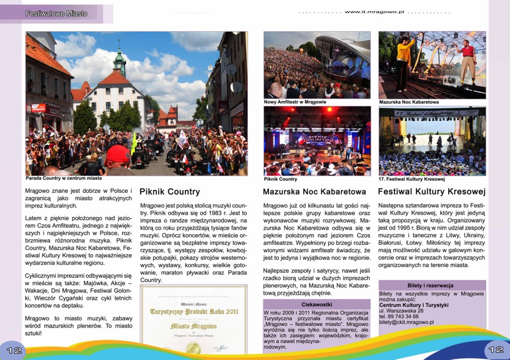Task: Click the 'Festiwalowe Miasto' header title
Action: [x=56, y=13]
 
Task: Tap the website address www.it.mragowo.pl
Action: [x=374, y=11]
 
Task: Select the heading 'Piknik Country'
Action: [x=169, y=192]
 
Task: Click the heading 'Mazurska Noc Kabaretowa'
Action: [x=314, y=192]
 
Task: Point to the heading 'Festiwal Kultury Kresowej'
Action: [x=432, y=192]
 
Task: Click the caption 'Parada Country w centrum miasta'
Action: [x=63, y=178]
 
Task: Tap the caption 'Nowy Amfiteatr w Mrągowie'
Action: [x=295, y=102]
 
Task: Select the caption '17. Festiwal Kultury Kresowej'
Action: [x=411, y=179]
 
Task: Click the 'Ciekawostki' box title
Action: [x=317, y=304]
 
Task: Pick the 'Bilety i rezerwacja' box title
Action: [x=431, y=285]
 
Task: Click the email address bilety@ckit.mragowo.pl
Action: [x=406, y=322]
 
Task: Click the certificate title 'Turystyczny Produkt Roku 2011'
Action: [x=194, y=311]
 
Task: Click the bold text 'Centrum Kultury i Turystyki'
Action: [x=413, y=305]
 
